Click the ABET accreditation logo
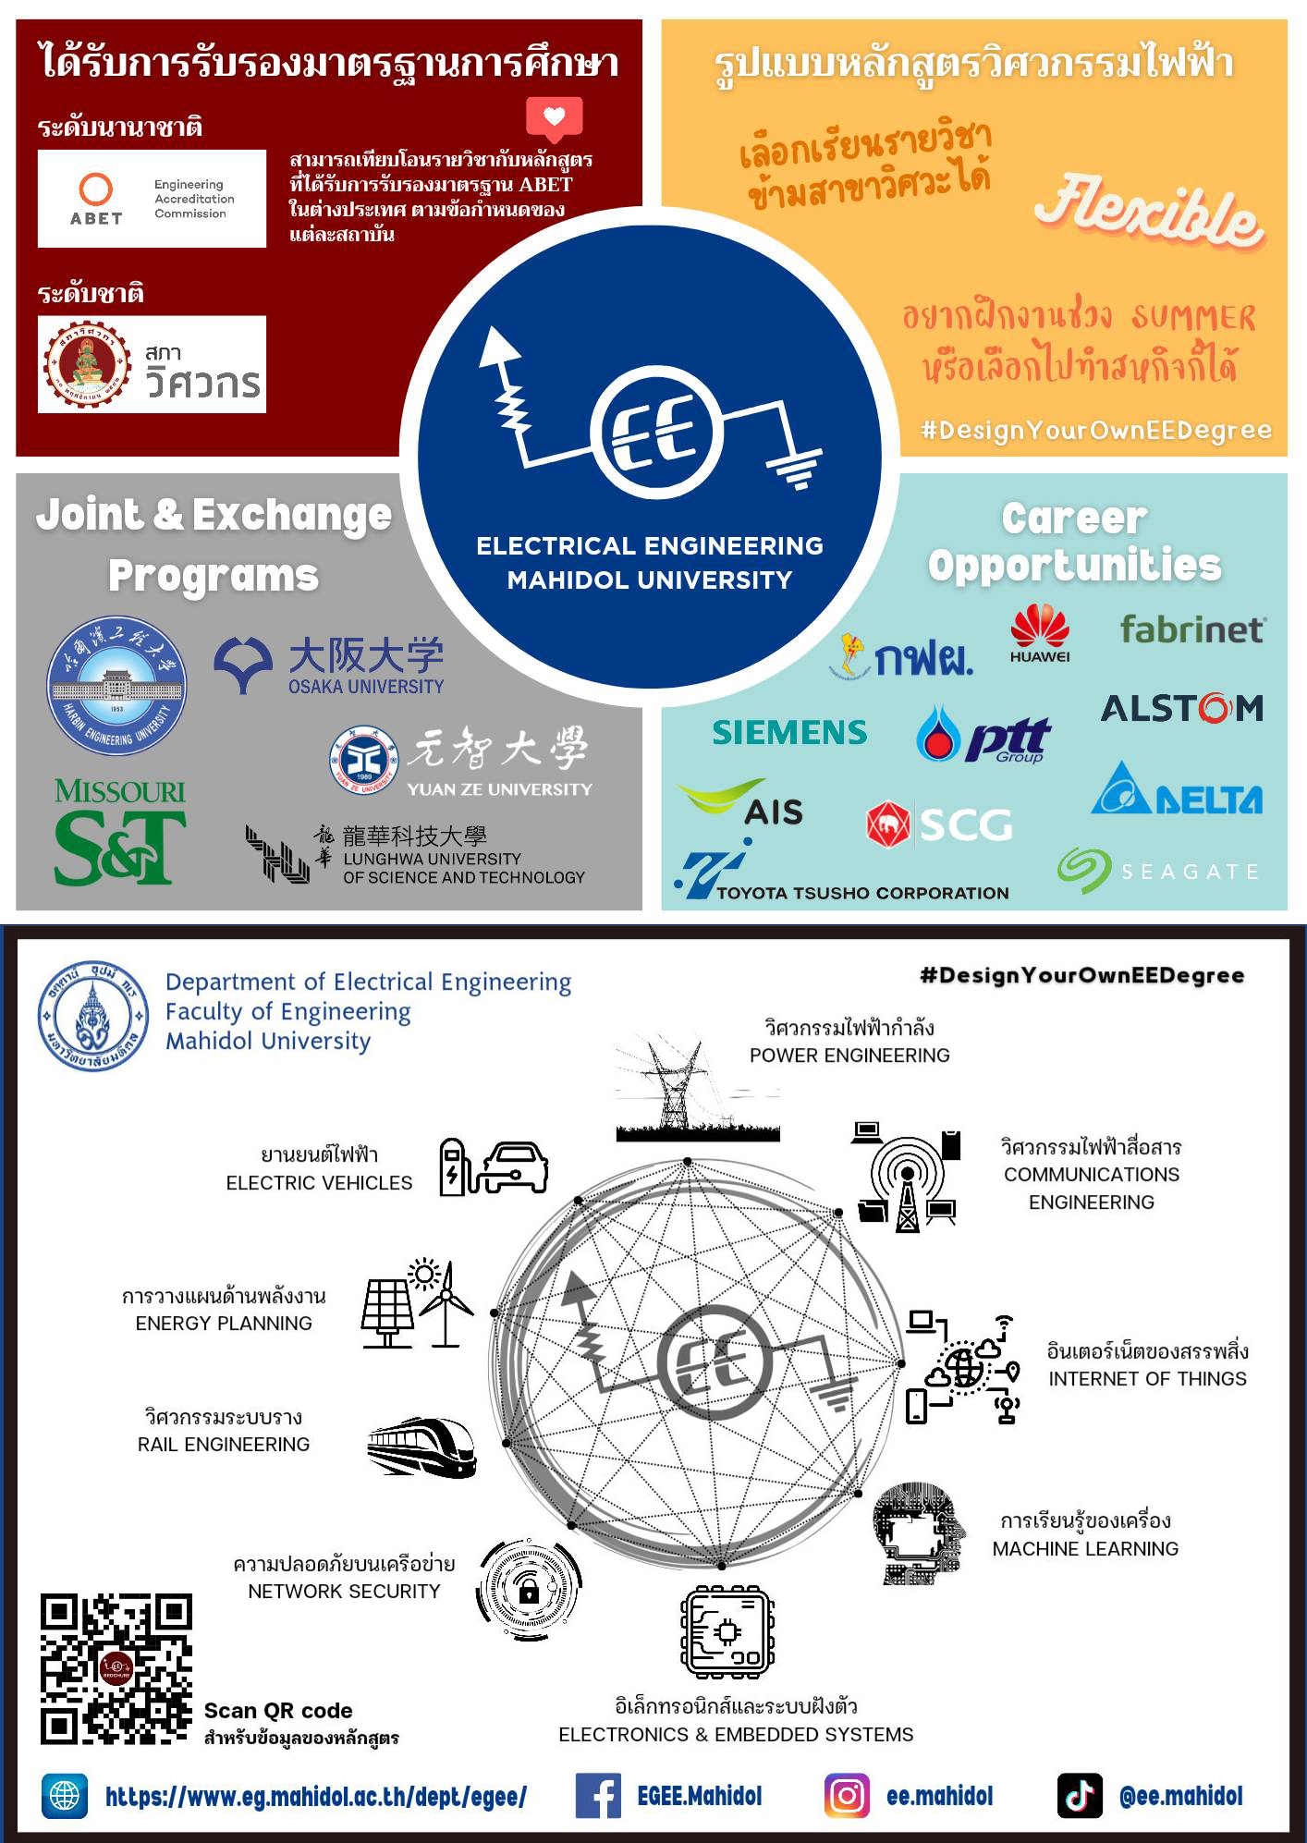152,199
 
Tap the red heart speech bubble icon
554,118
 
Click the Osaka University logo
330,665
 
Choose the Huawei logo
1040,633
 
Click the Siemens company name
789,733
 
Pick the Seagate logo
1159,871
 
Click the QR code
116,1669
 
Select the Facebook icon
598,1796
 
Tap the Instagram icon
847,1796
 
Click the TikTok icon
1080,1796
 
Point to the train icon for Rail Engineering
421,1447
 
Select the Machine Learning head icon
918,1534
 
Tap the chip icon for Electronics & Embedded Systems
727,1632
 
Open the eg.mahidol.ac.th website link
315,1797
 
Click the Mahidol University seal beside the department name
93,1016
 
